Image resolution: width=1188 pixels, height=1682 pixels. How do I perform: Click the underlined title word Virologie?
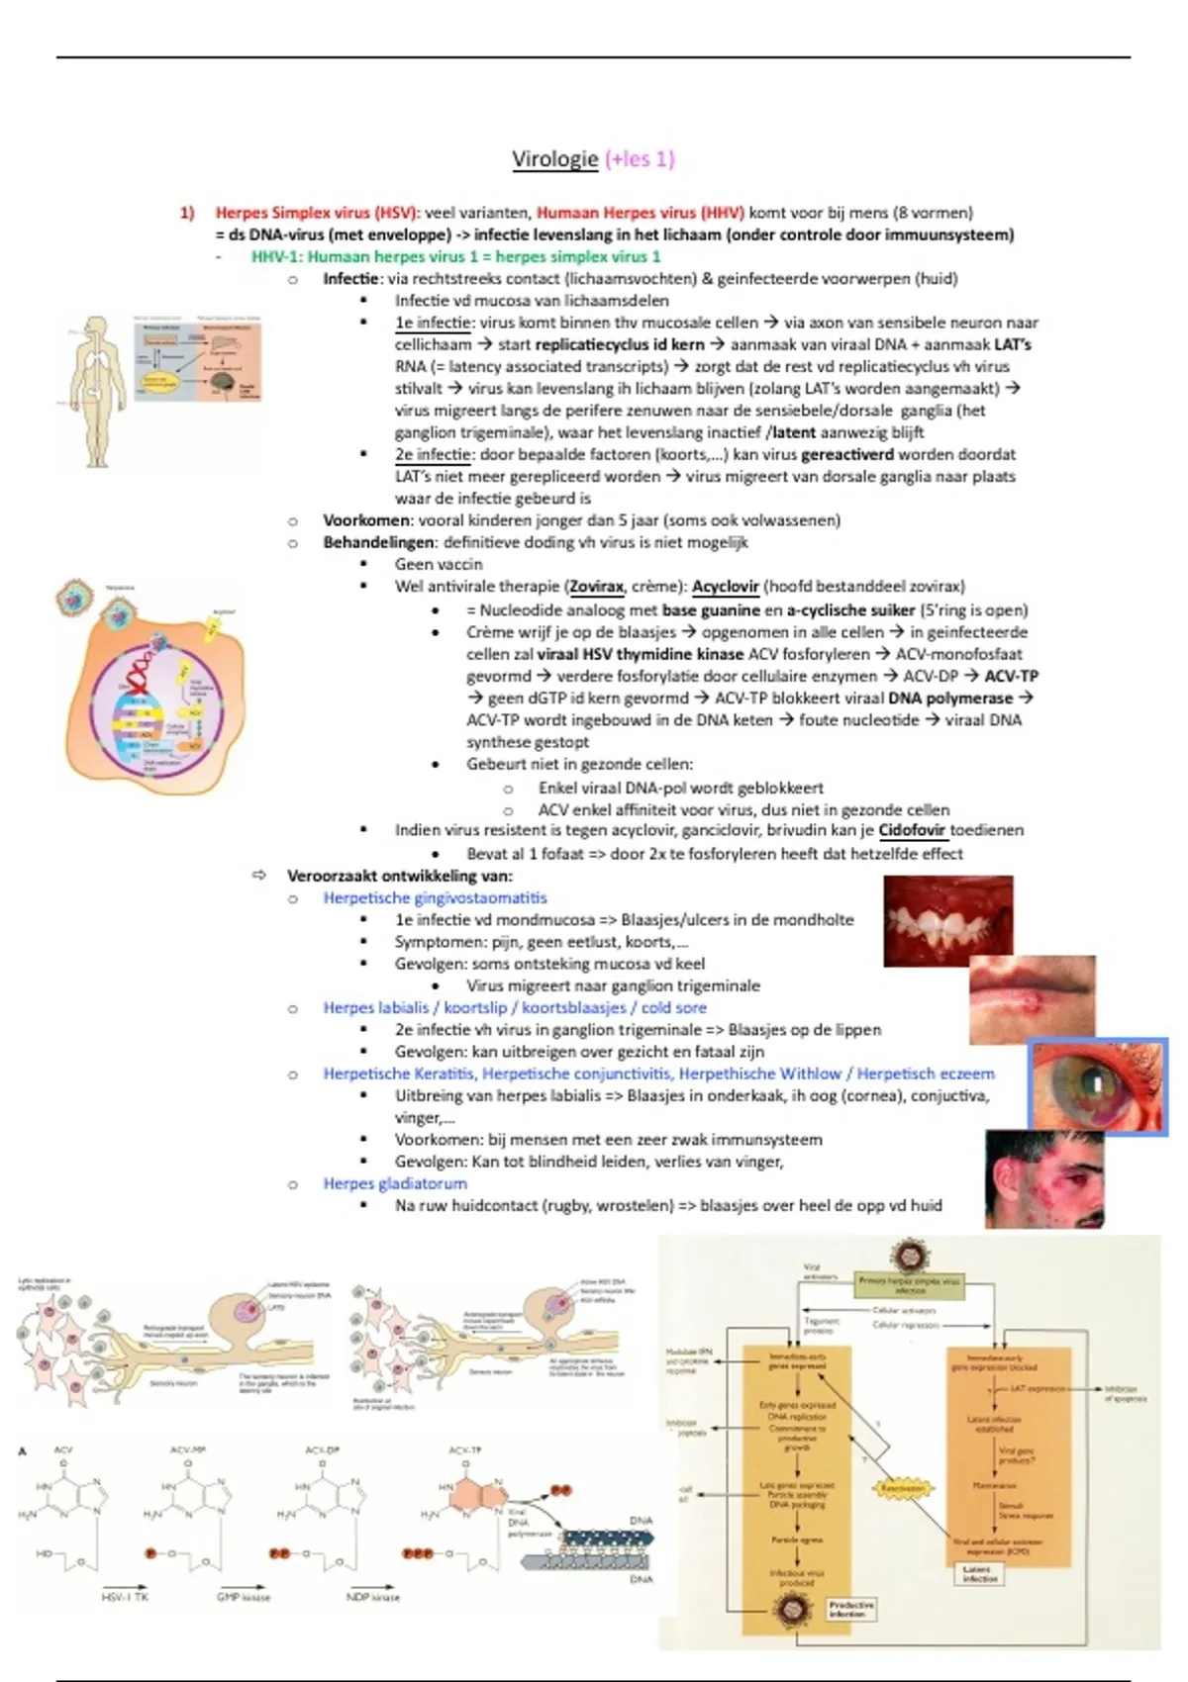coord(555,159)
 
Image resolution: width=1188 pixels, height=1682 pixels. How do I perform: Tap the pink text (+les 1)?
coord(640,159)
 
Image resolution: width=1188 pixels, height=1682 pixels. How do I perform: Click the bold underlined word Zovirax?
coord(596,587)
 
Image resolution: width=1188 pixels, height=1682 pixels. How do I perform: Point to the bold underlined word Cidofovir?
coord(912,831)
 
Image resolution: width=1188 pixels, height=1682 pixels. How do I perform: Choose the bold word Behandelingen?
coord(379,542)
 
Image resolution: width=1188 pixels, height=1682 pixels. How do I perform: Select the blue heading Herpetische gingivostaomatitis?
coord(435,897)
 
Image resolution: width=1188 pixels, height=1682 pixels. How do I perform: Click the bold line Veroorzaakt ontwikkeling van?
coord(400,876)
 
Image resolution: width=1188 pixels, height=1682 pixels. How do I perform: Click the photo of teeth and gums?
coord(947,919)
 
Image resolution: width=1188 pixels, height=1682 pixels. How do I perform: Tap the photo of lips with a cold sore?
coord(1032,999)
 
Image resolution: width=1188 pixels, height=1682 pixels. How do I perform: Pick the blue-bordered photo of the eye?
coord(1098,1086)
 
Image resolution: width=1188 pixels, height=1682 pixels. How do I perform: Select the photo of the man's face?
coord(1044,1179)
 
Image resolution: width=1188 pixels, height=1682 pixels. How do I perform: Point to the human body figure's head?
coord(96,328)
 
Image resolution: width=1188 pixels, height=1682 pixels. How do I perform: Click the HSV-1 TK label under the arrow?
coord(125,1597)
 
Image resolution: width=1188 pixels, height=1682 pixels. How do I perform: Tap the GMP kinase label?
coord(243,1597)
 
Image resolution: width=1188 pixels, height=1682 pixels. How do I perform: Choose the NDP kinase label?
coord(372,1597)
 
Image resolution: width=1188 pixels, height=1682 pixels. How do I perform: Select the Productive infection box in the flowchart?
coord(851,1608)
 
